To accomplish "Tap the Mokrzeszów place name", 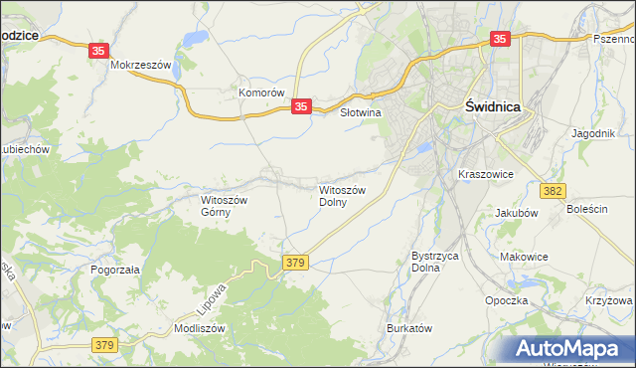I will (142, 66).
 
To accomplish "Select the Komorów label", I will (261, 92).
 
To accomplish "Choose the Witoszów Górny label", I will (229, 205).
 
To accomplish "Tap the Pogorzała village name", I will (114, 270).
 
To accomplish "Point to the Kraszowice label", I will (485, 173).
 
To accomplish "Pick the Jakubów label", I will (515, 213).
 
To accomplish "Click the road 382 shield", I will (554, 189).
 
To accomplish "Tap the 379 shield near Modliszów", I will (104, 345).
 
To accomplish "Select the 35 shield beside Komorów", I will (303, 105).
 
